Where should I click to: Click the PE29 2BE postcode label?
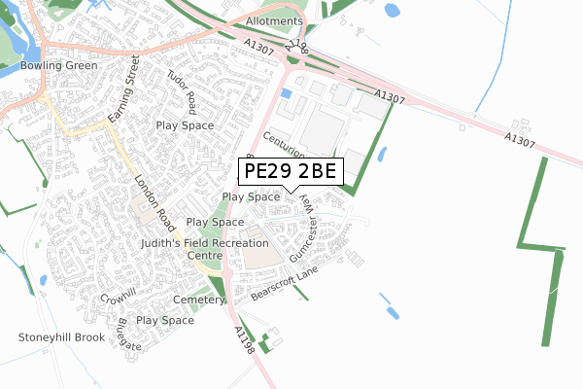[291, 172]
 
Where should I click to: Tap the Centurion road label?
[284, 147]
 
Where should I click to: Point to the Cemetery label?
[199, 301]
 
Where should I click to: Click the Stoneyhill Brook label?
[60, 337]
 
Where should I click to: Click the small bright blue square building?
[286, 93]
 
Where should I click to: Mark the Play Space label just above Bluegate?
[165, 320]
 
